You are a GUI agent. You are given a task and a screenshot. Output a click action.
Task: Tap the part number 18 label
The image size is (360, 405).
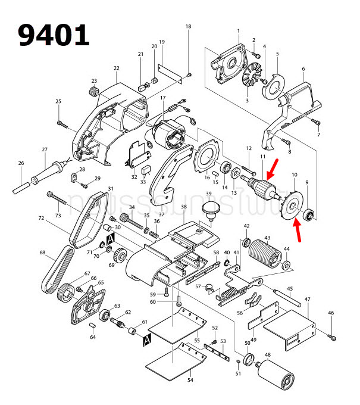pyautogui.click(x=189, y=27)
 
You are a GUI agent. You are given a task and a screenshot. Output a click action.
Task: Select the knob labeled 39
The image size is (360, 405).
pyautogui.click(x=209, y=210)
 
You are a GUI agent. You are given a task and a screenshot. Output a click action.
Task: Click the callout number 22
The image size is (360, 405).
pyautogui.click(x=117, y=68)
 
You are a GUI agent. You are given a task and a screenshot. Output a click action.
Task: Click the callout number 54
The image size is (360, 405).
pyautogui.click(x=190, y=380)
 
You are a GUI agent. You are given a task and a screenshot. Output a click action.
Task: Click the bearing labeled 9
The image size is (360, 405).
pyautogui.click(x=309, y=214)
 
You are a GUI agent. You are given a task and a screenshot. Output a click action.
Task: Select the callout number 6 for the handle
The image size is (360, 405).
pyautogui.click(x=303, y=69)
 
